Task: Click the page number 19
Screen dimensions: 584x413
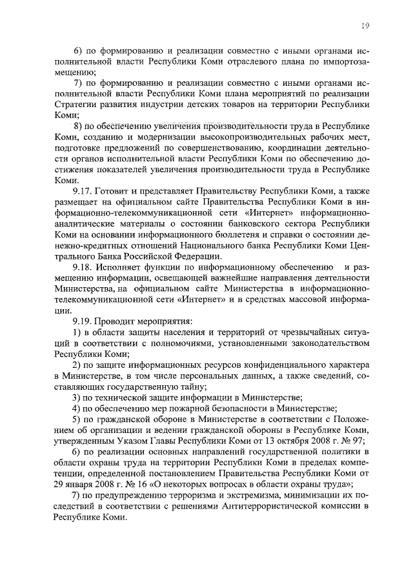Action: (365, 25)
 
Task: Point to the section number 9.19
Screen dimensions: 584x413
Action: (83, 320)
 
